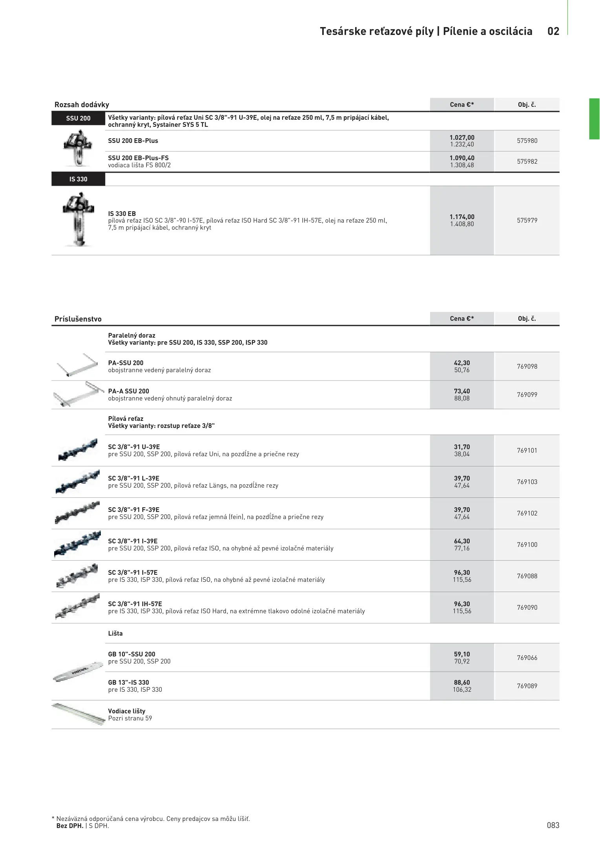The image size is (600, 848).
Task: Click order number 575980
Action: point(527,141)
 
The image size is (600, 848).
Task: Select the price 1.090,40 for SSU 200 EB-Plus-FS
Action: point(462,158)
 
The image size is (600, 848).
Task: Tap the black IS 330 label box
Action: point(78,179)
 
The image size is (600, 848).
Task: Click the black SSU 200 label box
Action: point(78,118)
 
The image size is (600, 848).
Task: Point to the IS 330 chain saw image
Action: point(78,220)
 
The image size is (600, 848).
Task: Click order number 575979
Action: point(527,220)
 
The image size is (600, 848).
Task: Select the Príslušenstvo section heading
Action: point(78,319)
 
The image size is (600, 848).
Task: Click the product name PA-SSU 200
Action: point(126,363)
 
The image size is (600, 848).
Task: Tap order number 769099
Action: point(527,395)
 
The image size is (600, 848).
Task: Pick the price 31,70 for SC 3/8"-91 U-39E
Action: point(462,447)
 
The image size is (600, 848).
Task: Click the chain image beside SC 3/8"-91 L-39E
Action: point(77,482)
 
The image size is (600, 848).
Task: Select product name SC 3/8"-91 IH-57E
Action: point(135,604)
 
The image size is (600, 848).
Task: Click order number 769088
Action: point(527,576)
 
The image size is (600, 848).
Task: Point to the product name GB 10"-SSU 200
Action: point(131,654)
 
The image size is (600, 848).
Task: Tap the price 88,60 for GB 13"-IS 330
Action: point(462,682)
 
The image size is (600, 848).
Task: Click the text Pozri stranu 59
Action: point(130,718)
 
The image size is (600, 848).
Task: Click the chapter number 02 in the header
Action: point(553,31)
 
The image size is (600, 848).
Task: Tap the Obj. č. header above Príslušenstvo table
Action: point(527,318)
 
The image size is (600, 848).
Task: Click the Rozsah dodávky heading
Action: point(82,105)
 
